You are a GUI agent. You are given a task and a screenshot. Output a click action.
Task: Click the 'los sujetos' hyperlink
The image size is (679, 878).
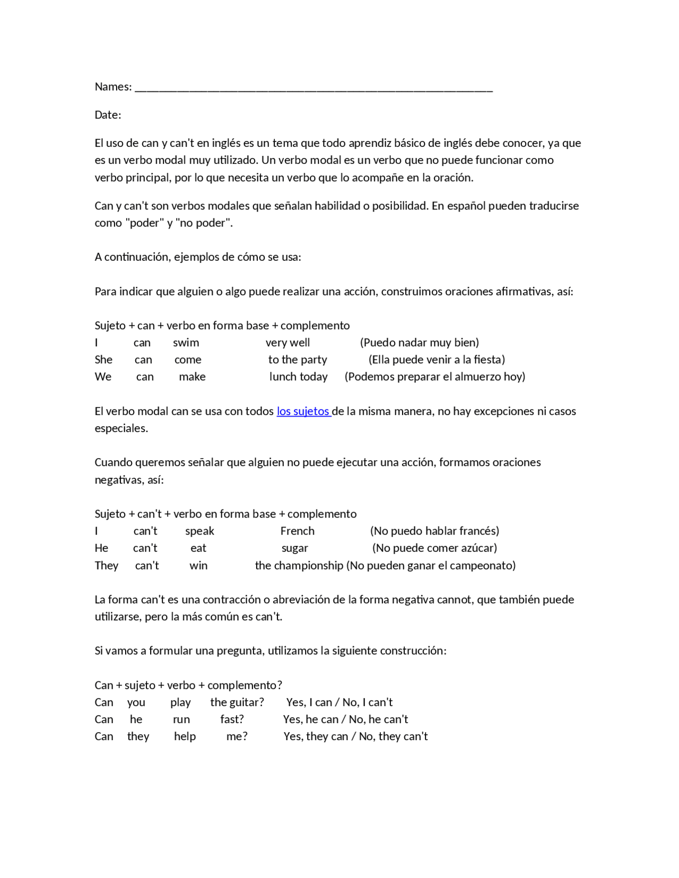click(303, 411)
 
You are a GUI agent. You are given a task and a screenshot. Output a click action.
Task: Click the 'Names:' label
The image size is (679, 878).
click(113, 87)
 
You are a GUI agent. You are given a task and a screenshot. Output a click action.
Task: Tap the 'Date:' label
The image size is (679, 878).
click(108, 115)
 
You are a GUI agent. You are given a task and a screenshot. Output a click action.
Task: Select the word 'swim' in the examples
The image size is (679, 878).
click(186, 343)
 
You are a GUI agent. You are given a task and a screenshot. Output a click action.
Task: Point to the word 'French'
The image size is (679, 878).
click(297, 531)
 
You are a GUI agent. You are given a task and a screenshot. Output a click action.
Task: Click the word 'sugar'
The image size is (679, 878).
click(294, 548)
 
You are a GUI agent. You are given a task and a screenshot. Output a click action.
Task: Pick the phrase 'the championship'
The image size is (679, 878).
click(299, 566)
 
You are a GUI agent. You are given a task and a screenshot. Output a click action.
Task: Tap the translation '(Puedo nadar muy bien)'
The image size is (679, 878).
click(419, 343)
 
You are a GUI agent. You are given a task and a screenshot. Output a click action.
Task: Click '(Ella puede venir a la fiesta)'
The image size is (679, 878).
click(437, 360)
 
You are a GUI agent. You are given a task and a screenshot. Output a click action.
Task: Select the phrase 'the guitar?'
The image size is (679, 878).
click(237, 703)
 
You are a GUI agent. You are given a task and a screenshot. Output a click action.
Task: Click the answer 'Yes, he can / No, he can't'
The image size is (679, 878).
click(345, 719)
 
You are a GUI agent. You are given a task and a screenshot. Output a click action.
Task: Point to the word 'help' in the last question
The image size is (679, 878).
click(185, 736)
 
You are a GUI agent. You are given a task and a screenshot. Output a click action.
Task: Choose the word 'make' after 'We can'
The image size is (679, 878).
click(192, 377)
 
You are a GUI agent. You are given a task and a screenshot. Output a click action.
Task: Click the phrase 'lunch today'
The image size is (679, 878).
click(298, 377)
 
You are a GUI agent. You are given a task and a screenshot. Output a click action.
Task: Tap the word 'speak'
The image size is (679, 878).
click(199, 531)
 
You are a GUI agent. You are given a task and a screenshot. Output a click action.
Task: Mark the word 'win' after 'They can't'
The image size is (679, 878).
click(198, 566)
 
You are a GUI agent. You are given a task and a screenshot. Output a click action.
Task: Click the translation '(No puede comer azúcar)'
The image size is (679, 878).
click(434, 548)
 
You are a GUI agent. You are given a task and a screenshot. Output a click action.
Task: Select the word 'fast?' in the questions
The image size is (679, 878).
click(232, 719)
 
